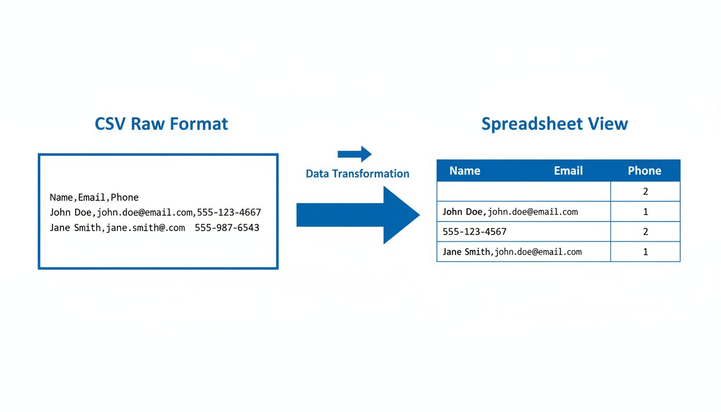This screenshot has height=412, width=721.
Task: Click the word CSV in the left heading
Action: click(x=111, y=124)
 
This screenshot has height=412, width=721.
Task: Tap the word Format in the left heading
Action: click(x=199, y=124)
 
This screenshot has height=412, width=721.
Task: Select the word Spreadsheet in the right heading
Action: click(x=531, y=124)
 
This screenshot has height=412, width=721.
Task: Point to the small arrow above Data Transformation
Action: click(x=355, y=154)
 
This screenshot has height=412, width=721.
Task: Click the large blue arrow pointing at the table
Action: click(x=358, y=215)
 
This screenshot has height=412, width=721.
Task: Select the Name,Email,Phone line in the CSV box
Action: click(x=94, y=197)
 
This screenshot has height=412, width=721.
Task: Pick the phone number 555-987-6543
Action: click(x=227, y=227)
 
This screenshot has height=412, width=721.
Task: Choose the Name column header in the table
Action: click(x=465, y=171)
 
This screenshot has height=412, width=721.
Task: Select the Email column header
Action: click(x=568, y=171)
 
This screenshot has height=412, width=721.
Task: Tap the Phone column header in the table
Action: click(x=644, y=171)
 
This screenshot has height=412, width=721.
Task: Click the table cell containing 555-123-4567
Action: click(x=523, y=232)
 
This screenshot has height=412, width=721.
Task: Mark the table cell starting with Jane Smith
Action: click(x=523, y=252)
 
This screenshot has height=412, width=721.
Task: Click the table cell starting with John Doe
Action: click(x=523, y=212)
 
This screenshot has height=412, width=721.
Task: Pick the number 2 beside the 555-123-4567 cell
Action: click(x=645, y=232)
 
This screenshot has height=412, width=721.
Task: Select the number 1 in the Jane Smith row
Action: click(x=645, y=252)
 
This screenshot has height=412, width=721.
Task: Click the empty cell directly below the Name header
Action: click(x=523, y=192)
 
